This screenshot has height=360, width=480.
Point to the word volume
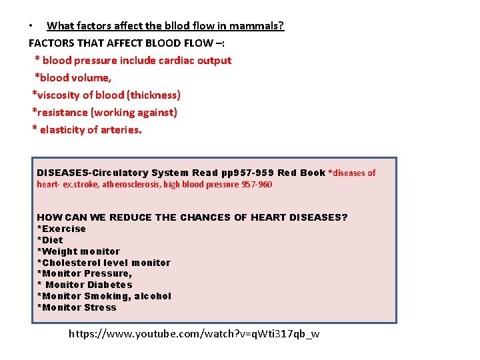[92, 78]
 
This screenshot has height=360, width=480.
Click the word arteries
[121, 130]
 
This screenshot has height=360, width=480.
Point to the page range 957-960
[255, 185]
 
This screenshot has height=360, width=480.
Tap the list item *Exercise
[61, 229]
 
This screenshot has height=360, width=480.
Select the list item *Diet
[50, 240]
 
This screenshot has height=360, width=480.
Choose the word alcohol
[153, 296]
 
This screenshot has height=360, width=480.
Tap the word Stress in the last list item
[100, 307]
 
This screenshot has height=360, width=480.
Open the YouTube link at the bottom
[194, 333]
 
